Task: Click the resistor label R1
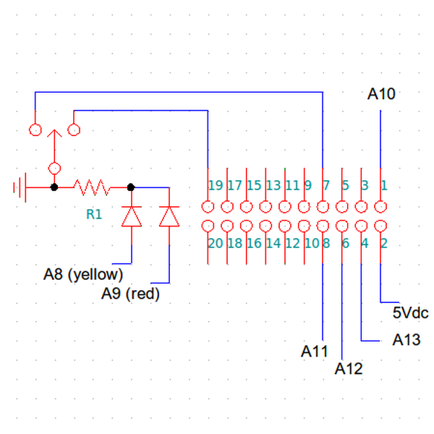tap(94, 214)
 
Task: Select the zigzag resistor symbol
tap(92, 187)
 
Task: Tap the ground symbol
tap(20, 187)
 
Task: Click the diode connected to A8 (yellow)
tap(132, 216)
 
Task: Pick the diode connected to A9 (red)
tap(169, 216)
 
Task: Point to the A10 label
tap(381, 94)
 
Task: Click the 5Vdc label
tap(410, 312)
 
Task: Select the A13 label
tap(407, 340)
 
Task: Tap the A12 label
tap(349, 369)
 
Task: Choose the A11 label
tap(314, 352)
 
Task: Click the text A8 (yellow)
tap(83, 275)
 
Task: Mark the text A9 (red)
tap(130, 294)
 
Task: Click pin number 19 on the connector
tap(216, 185)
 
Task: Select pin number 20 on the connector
tap(216, 244)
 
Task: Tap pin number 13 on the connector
tap(273, 185)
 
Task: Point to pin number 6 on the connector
tap(346, 244)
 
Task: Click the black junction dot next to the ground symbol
tap(54, 187)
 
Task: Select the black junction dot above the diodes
tap(131, 187)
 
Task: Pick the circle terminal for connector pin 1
tap(380, 206)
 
